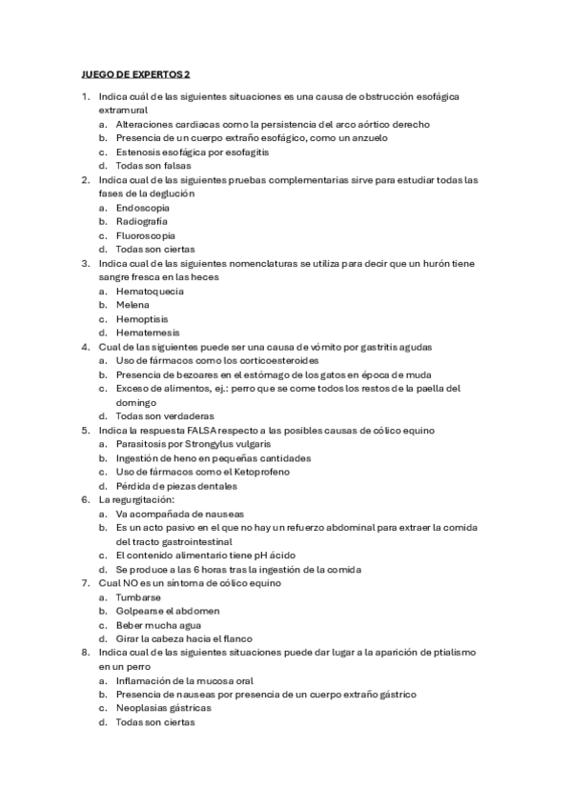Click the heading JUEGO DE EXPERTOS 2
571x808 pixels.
pyautogui.click(x=133, y=73)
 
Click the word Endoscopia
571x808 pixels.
pyautogui.click(x=143, y=207)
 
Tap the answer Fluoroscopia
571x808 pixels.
pyautogui.click(x=146, y=235)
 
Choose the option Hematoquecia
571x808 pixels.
pyautogui.click(x=150, y=291)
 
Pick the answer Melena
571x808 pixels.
pyautogui.click(x=133, y=305)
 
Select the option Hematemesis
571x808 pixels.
pyautogui.click(x=148, y=333)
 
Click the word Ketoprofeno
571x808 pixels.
pyautogui.click(x=282, y=472)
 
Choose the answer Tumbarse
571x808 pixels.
pyautogui.click(x=140, y=596)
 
